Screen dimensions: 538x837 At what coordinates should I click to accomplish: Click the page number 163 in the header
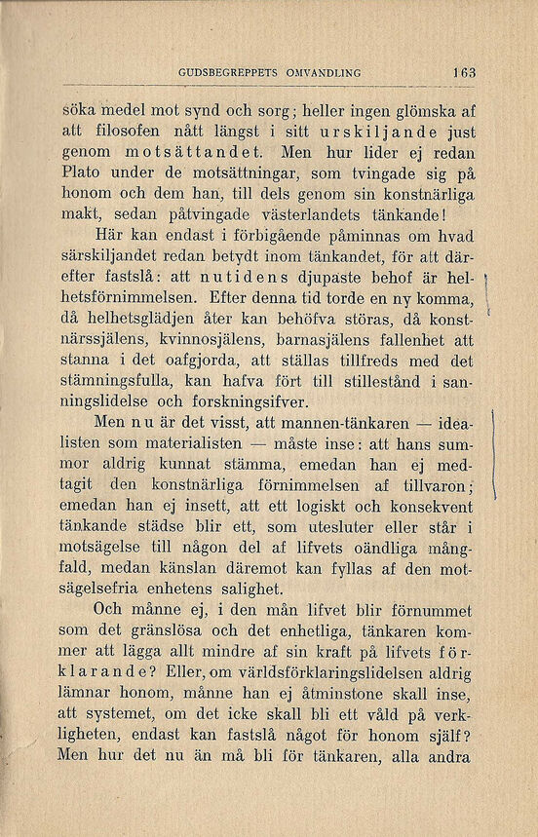[x=462, y=72]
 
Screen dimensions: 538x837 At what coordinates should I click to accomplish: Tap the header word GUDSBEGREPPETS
[x=228, y=72]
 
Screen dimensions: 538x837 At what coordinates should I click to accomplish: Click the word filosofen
[x=131, y=132]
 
